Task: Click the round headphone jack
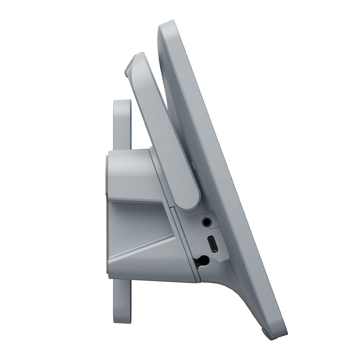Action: [x=207, y=222]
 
